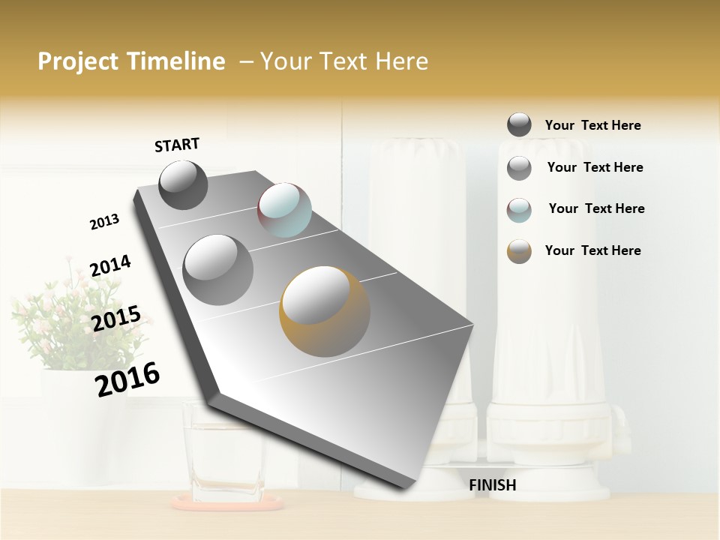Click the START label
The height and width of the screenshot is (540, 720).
[x=177, y=144]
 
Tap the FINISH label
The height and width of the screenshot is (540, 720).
[x=492, y=485]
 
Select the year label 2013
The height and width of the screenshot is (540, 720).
[x=104, y=222]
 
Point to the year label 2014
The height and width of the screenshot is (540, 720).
[x=110, y=266]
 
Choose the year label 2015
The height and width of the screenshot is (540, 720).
[x=116, y=319]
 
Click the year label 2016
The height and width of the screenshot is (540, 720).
[x=127, y=379]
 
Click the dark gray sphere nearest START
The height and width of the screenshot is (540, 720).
[x=183, y=184]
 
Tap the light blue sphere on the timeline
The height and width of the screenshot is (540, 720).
[x=284, y=210]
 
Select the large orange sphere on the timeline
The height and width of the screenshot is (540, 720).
[x=324, y=310]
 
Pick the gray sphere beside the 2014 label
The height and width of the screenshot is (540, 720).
[x=218, y=269]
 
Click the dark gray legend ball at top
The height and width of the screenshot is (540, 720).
[x=519, y=124]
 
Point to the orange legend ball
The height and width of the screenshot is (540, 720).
[x=519, y=251]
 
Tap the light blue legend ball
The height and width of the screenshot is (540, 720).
[x=519, y=210]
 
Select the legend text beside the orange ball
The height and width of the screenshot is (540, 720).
[x=592, y=250]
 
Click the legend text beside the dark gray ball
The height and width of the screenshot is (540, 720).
[x=592, y=125]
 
